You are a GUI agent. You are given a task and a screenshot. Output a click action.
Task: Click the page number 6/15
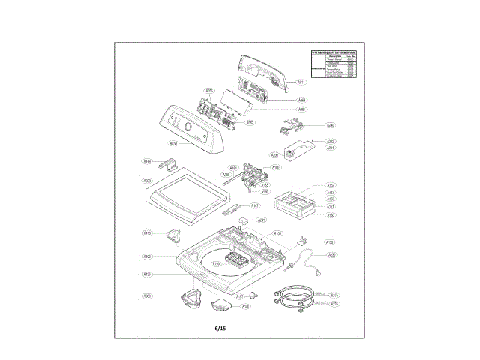tap(220, 328)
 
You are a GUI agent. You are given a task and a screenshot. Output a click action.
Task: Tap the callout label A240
tap(331, 125)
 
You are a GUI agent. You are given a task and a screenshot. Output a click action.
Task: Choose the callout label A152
tap(331, 185)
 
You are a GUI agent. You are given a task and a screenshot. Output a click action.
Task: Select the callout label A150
tap(331, 214)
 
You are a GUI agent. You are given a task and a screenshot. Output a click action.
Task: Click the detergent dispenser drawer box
tap(295, 200)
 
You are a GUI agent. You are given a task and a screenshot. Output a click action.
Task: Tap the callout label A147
tap(255, 206)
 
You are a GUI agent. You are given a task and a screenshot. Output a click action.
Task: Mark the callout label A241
tap(262, 220)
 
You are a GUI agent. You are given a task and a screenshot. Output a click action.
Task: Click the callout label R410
tap(148, 233)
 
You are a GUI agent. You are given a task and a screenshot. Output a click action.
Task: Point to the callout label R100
tap(148, 256)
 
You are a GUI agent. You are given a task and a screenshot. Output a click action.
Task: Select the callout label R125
tap(148, 274)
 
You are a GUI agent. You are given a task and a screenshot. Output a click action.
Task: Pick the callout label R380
tap(148, 296)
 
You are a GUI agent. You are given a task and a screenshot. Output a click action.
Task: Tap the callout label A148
tap(245, 306)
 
